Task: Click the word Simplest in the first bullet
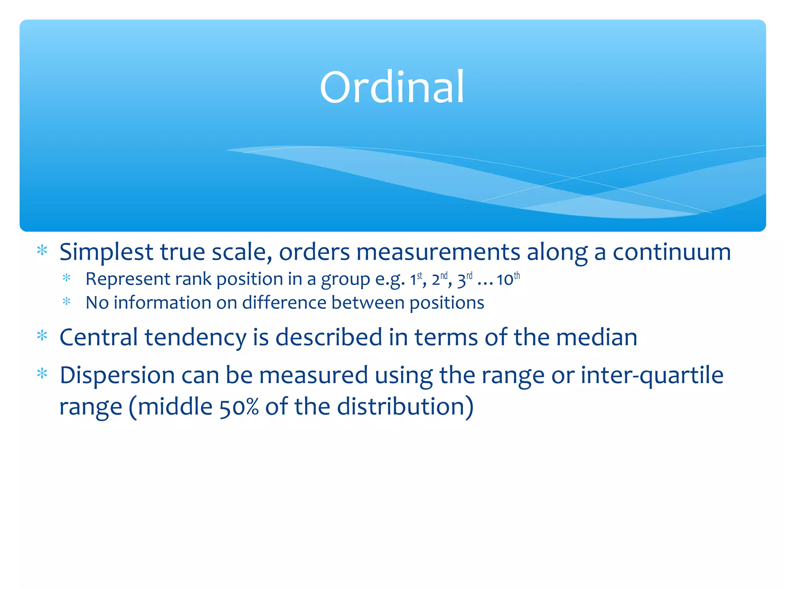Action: [x=106, y=253]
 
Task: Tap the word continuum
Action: [x=671, y=253]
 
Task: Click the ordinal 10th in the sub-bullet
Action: [x=508, y=279]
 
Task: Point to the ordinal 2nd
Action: [x=439, y=279]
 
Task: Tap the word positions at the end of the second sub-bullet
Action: [x=447, y=303]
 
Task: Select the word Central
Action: [x=99, y=337]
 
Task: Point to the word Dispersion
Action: [x=117, y=375]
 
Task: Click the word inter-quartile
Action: [x=652, y=375]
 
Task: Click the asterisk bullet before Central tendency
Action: [x=42, y=336]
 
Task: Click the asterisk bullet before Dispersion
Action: [x=42, y=373]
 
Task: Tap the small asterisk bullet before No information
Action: [x=67, y=301]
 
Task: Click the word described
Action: [x=329, y=337]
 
